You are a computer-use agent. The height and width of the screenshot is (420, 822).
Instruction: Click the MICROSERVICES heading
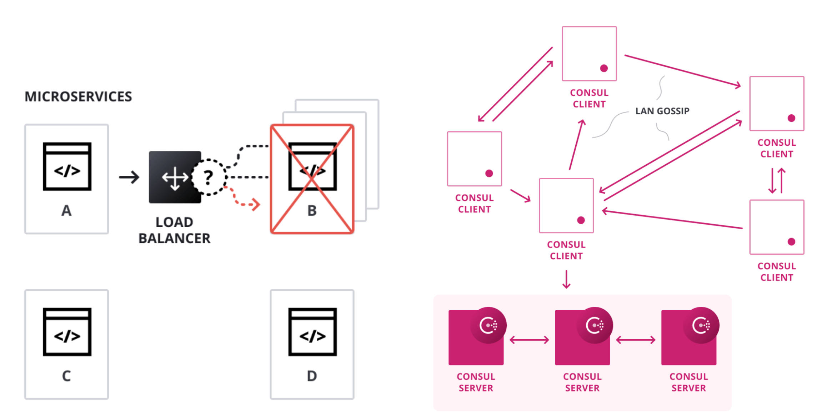pos(78,97)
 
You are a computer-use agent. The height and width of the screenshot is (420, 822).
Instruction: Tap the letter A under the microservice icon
pos(66,211)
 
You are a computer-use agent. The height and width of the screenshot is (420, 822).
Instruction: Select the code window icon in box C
pos(67,332)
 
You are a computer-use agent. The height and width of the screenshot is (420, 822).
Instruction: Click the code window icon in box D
pos(312,332)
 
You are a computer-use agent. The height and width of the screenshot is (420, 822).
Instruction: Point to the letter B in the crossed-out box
pos(312,211)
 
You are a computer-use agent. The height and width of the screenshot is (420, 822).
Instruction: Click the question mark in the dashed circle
pos(209,177)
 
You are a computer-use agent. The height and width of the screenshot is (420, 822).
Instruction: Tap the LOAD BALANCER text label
pos(174,230)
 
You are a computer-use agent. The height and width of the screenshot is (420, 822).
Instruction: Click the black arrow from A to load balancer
pos(129,177)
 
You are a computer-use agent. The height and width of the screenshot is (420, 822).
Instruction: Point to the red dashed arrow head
pos(256,204)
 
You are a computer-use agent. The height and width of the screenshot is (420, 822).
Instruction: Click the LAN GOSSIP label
pos(662,111)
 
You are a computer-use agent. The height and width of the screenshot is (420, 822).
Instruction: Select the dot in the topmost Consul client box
pos(604,68)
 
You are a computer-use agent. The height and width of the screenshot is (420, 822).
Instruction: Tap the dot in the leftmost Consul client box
pos(489,174)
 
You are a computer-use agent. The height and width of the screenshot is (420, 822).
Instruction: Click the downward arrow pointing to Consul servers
pos(566,279)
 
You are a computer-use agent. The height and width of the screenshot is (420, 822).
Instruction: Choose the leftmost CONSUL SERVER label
pos(476,382)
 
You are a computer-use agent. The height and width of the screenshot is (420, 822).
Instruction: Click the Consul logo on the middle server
pos(595,325)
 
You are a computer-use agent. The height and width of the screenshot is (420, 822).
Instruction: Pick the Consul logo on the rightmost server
pos(701,325)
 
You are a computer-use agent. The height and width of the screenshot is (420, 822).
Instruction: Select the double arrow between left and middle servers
pos(529,340)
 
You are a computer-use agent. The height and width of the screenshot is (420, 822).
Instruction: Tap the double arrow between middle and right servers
pos(636,340)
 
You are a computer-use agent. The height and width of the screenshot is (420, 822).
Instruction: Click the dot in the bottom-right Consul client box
pos(791,242)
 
